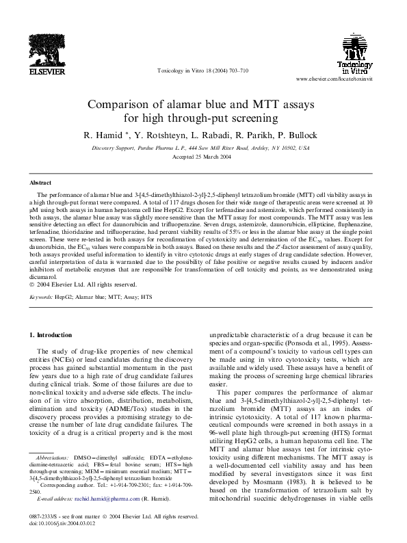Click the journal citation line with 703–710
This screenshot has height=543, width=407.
(202, 71)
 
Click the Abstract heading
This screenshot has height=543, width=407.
(40, 183)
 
